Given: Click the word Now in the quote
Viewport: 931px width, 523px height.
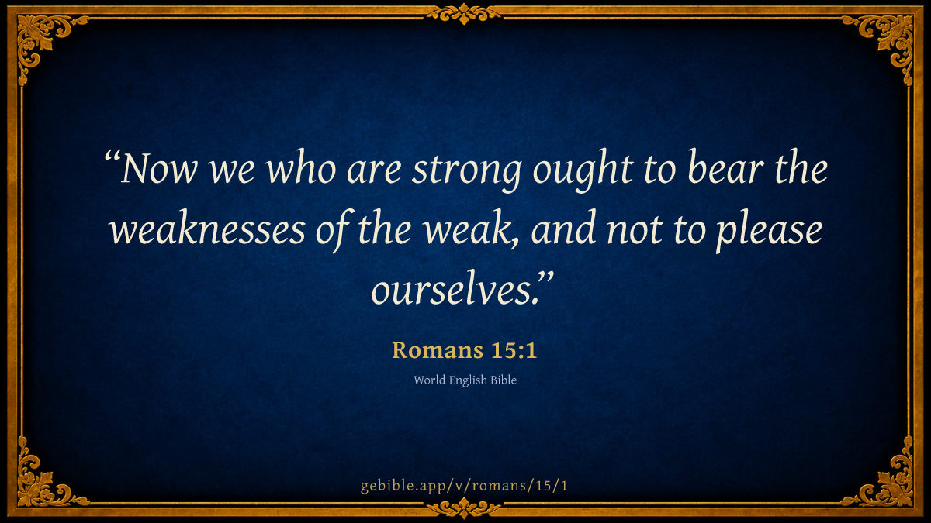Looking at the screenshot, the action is click(159, 170).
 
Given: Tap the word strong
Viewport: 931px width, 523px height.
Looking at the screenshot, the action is click(466, 173).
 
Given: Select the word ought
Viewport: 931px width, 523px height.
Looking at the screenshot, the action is click(583, 171).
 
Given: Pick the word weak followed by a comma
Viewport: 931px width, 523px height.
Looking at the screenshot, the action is click(472, 229).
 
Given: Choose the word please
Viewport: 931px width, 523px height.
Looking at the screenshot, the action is click(769, 232).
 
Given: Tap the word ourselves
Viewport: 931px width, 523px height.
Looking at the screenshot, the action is click(452, 288).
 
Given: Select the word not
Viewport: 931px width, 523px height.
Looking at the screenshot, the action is click(635, 231).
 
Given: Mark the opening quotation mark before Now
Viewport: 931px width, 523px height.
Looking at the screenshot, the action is click(112, 158).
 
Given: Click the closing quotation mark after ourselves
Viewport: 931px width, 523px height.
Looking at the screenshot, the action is click(545, 277).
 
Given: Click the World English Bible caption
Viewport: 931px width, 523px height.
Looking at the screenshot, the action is click(465, 380).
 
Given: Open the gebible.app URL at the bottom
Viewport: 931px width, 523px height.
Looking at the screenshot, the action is click(464, 486).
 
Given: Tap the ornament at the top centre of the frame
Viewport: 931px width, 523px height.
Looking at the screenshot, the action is click(464, 14).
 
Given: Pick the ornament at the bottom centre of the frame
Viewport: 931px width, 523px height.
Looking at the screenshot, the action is click(464, 508).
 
